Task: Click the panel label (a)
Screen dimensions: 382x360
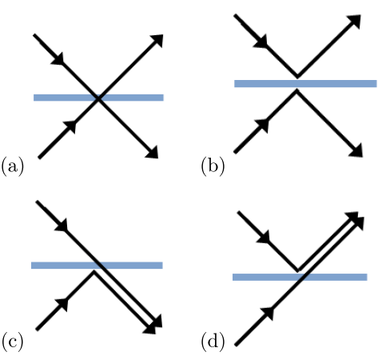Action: click(13, 166)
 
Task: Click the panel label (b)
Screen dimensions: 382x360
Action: click(213, 166)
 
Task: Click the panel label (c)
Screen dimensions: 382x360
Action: click(12, 342)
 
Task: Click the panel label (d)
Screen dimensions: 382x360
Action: click(213, 342)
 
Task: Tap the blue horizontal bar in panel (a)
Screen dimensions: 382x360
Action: click(98, 98)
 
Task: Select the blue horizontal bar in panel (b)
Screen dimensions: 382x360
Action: click(305, 83)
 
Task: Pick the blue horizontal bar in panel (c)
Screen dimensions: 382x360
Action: click(97, 266)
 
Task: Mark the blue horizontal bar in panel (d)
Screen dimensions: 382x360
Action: click(300, 277)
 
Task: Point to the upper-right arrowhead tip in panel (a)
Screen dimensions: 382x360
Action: click(163, 35)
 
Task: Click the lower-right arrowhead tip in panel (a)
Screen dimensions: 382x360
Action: click(158, 158)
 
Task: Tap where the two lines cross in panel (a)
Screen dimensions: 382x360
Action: click(98, 98)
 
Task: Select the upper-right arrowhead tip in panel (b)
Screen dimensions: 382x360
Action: click(360, 15)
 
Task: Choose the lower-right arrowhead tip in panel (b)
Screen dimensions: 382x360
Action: click(362, 157)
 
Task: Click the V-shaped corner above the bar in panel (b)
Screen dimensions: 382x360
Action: click(297, 77)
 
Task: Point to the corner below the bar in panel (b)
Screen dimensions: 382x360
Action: click(296, 90)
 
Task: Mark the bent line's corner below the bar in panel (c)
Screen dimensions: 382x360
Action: click(94, 272)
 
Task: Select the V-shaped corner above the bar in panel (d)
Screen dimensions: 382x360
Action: click(298, 270)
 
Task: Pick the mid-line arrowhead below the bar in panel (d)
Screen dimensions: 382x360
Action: click(268, 314)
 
